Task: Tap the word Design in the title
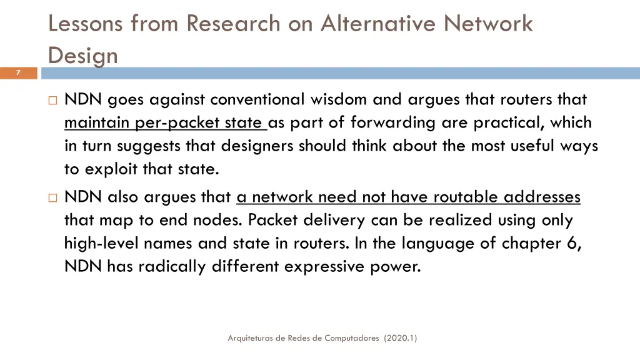(x=83, y=56)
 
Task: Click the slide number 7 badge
(x=18, y=73)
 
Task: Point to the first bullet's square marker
(x=52, y=99)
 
